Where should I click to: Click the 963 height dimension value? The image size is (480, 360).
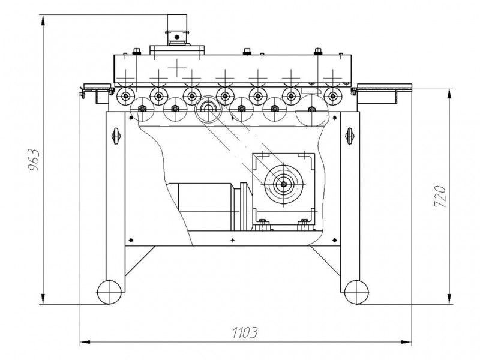click(x=34, y=160)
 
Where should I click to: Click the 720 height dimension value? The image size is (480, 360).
click(x=440, y=196)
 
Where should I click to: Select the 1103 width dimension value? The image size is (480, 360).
click(x=245, y=332)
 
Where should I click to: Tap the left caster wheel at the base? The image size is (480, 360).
click(x=109, y=292)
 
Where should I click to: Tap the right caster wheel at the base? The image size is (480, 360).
click(x=356, y=292)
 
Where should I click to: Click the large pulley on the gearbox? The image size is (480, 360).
click(x=284, y=184)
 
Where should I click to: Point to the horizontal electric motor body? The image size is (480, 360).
click(x=200, y=206)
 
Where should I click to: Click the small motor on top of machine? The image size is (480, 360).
click(x=176, y=30)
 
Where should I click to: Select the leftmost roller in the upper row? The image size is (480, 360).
click(x=125, y=97)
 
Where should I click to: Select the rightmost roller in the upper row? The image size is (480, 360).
click(x=333, y=97)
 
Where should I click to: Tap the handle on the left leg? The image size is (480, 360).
click(x=116, y=136)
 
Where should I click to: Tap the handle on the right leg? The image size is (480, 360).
click(x=349, y=136)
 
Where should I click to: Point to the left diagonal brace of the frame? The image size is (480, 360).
click(x=140, y=261)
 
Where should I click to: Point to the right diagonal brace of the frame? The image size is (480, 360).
click(x=325, y=261)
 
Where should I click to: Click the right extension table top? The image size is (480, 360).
click(x=385, y=86)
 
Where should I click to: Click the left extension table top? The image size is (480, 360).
click(x=97, y=86)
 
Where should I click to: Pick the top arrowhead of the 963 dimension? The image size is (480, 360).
click(x=43, y=20)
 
